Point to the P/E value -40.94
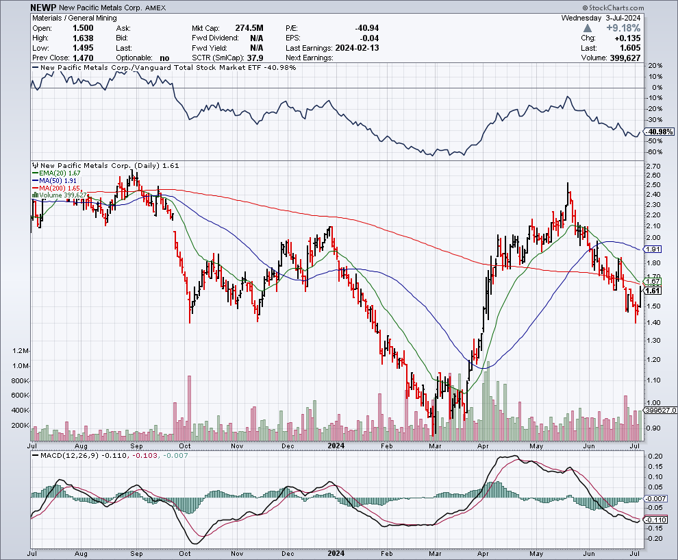pos(366,28)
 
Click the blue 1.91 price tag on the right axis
pos(653,249)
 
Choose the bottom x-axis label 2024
pos(336,552)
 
